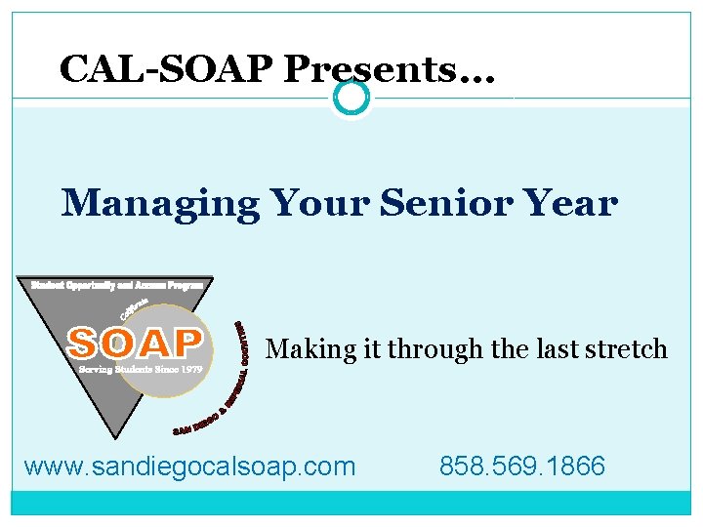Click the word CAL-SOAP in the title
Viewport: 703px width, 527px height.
(166, 68)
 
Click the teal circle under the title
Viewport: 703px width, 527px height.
(351, 98)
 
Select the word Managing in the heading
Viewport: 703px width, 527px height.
(160, 205)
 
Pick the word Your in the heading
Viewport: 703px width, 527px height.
(316, 204)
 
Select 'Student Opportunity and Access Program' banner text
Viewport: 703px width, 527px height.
(116, 285)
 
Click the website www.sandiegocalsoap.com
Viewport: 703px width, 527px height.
(189, 466)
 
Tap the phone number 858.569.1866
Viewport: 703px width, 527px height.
(522, 466)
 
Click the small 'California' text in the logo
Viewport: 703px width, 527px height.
(134, 309)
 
